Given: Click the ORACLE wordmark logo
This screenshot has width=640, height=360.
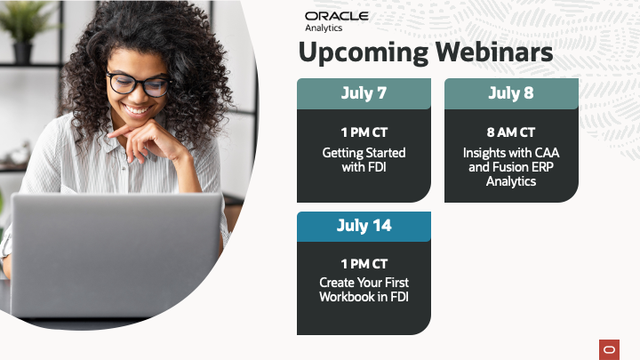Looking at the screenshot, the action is (337, 16).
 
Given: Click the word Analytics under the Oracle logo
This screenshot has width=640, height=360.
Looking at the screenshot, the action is (324, 28).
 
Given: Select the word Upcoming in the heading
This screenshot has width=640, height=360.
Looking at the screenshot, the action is (364, 53).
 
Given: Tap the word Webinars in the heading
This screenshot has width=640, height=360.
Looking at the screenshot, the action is (494, 52).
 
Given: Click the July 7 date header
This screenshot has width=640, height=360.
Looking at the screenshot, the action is (364, 93).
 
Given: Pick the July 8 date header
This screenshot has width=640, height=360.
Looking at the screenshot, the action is (511, 93).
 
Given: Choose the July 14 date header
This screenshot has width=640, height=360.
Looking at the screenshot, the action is (364, 226).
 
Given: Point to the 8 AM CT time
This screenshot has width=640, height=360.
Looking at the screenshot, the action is (511, 132).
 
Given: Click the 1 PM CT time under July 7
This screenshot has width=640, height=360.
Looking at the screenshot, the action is (364, 132).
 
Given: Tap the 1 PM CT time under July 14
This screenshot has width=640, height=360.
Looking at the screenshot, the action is (364, 264).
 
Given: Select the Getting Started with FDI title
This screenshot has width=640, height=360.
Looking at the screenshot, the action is (364, 160).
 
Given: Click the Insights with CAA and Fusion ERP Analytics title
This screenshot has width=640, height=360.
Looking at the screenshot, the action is (511, 166).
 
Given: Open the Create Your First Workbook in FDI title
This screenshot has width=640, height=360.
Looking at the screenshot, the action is (364, 290).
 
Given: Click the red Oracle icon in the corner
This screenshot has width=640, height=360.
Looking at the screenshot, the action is (609, 350).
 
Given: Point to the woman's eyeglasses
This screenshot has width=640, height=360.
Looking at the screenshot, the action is (139, 84).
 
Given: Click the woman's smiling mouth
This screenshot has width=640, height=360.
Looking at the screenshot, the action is (137, 110).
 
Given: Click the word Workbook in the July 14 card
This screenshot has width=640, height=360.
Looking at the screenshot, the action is (347, 297).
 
